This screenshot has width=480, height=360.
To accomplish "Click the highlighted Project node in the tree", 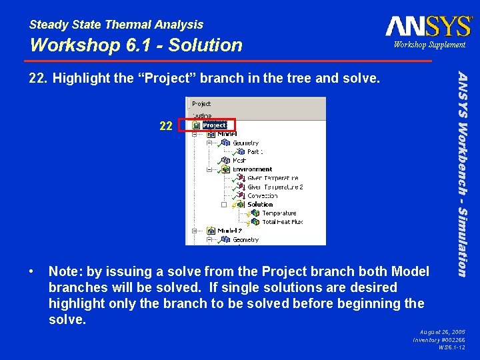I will coord(214,125).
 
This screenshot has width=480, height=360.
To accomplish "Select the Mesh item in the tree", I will coord(239,161).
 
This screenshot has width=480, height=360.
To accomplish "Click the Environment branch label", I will coord(252,169).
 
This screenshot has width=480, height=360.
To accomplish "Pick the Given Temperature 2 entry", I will coord(275,187).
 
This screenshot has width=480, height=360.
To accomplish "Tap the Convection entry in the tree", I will coord(262,196).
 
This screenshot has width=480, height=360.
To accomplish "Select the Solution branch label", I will coord(260,205).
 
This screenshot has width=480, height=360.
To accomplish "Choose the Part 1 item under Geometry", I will coord(254,152).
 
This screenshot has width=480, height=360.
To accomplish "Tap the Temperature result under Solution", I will coord(279,213).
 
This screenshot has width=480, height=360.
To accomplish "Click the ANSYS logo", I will coord(427,26).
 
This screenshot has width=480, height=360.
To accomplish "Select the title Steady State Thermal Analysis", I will coord(116,25).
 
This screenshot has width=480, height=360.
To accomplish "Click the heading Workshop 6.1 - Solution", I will coord(136,45).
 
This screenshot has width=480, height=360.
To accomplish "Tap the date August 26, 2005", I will coord(443,331).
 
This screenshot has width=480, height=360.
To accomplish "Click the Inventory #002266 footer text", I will coord(439,339).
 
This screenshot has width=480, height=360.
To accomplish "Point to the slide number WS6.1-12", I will coord(451,347).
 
